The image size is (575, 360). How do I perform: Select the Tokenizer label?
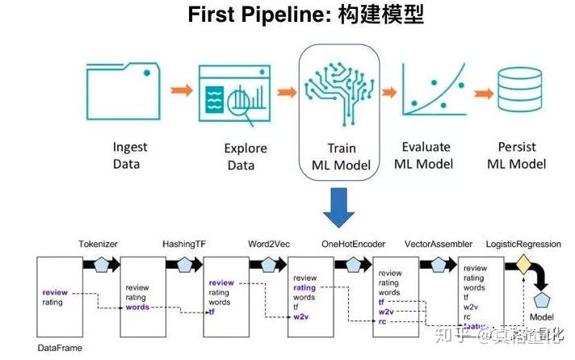98,243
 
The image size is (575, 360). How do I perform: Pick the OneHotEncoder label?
353,243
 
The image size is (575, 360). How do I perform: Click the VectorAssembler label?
439,243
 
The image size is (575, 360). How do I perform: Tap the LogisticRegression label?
527,243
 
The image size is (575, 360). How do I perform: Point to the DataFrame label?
61,348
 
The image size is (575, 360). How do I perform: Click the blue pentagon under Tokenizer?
102,265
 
